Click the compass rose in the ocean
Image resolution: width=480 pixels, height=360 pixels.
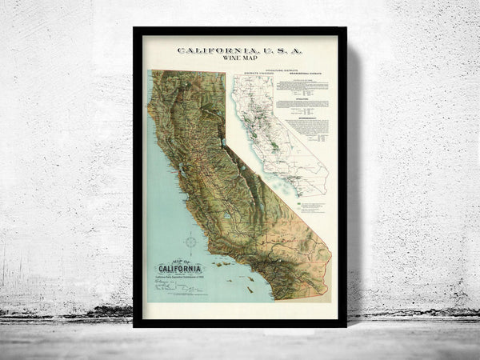[192, 241]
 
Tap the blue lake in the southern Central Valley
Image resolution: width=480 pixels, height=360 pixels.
[226, 216]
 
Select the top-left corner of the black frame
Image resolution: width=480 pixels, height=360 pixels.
[135, 30]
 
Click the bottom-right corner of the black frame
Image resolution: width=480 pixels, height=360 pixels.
[344, 326]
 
